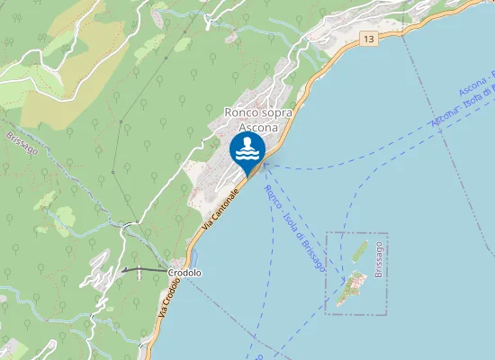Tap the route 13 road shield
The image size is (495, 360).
pyautogui.click(x=369, y=39)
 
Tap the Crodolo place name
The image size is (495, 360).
pyautogui.click(x=184, y=272)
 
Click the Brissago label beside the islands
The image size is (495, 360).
pyautogui.click(x=380, y=257)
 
